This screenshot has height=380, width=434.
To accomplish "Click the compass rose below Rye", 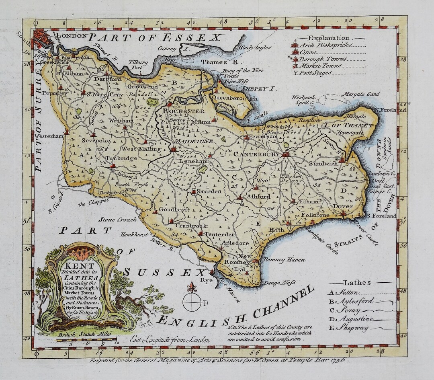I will [x=192, y=302].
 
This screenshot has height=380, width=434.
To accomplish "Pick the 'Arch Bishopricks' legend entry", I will [x=321, y=45].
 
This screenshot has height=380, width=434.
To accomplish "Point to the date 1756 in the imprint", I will [x=337, y=360].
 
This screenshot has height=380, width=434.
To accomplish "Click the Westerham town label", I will [x=49, y=136].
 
